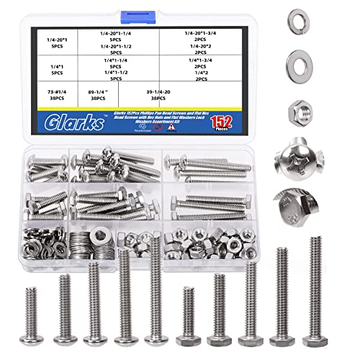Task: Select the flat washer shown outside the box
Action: [x=297, y=60]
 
